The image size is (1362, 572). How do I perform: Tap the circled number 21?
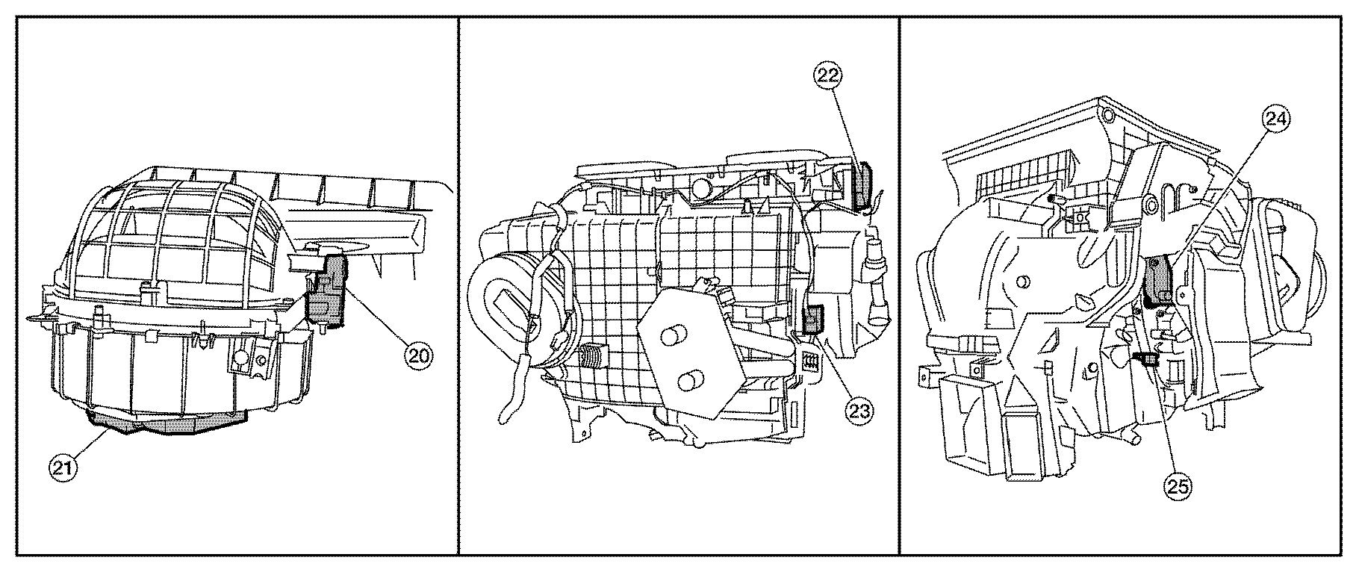coord(62,468)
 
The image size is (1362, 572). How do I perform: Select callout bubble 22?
coord(827,75)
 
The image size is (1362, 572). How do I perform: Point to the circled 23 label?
coord(859,408)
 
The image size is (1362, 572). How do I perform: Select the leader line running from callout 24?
coord(1218,195)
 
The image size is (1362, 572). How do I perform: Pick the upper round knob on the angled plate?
coord(674,334)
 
